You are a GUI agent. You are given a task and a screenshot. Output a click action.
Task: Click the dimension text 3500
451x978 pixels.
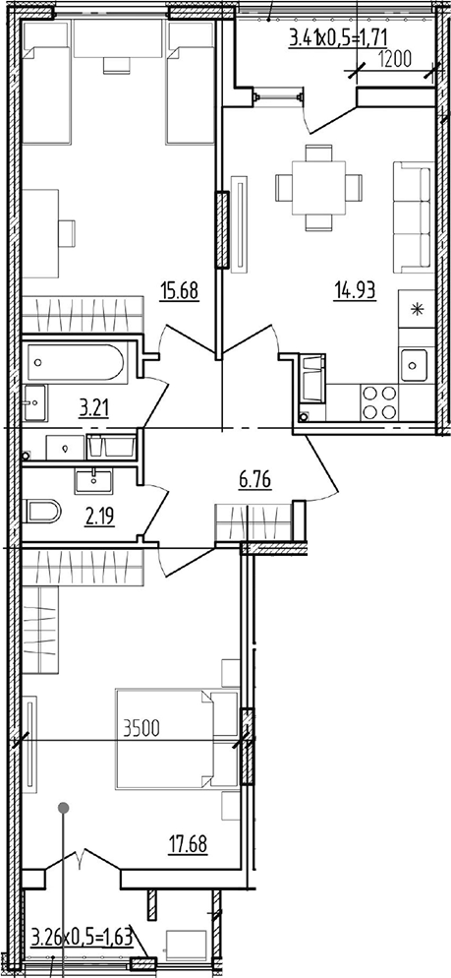click(x=142, y=727)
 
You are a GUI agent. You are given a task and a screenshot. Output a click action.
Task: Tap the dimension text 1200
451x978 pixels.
click(x=394, y=60)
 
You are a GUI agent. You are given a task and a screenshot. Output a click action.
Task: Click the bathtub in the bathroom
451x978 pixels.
click(x=76, y=364)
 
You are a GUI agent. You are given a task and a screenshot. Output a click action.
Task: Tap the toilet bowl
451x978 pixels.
click(x=41, y=513)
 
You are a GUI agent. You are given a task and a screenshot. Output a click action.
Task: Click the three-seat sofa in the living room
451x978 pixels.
click(x=413, y=217)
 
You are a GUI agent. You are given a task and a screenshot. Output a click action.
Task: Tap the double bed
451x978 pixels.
click(x=177, y=739)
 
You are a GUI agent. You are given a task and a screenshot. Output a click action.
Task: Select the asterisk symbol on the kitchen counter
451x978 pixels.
click(x=416, y=309)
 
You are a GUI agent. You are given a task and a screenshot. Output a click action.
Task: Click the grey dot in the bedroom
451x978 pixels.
click(x=63, y=808)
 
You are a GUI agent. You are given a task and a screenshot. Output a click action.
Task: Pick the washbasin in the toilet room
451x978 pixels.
click(x=93, y=481)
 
